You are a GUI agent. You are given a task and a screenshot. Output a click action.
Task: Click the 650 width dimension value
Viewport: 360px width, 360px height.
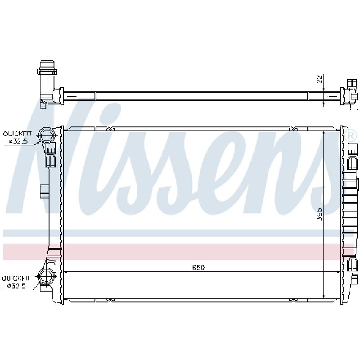pos(198,267)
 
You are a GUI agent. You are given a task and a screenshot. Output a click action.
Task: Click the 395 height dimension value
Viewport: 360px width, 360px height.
pos(319,214)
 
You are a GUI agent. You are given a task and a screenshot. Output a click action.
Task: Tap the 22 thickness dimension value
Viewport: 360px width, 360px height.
pos(319,79)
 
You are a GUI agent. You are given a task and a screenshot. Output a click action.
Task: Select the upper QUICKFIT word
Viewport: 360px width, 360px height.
pos(17,133)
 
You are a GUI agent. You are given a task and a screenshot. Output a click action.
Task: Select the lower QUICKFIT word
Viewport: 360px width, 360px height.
pos(16,278)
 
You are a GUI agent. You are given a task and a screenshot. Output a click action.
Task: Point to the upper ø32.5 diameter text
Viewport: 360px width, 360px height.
pos(18,141)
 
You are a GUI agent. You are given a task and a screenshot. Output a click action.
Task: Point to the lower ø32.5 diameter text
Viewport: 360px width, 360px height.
pos(17,286)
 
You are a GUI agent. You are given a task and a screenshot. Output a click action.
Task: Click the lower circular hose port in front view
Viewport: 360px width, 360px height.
pos(47,277)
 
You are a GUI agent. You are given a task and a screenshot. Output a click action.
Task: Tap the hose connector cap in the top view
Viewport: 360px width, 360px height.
pos(47,68)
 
